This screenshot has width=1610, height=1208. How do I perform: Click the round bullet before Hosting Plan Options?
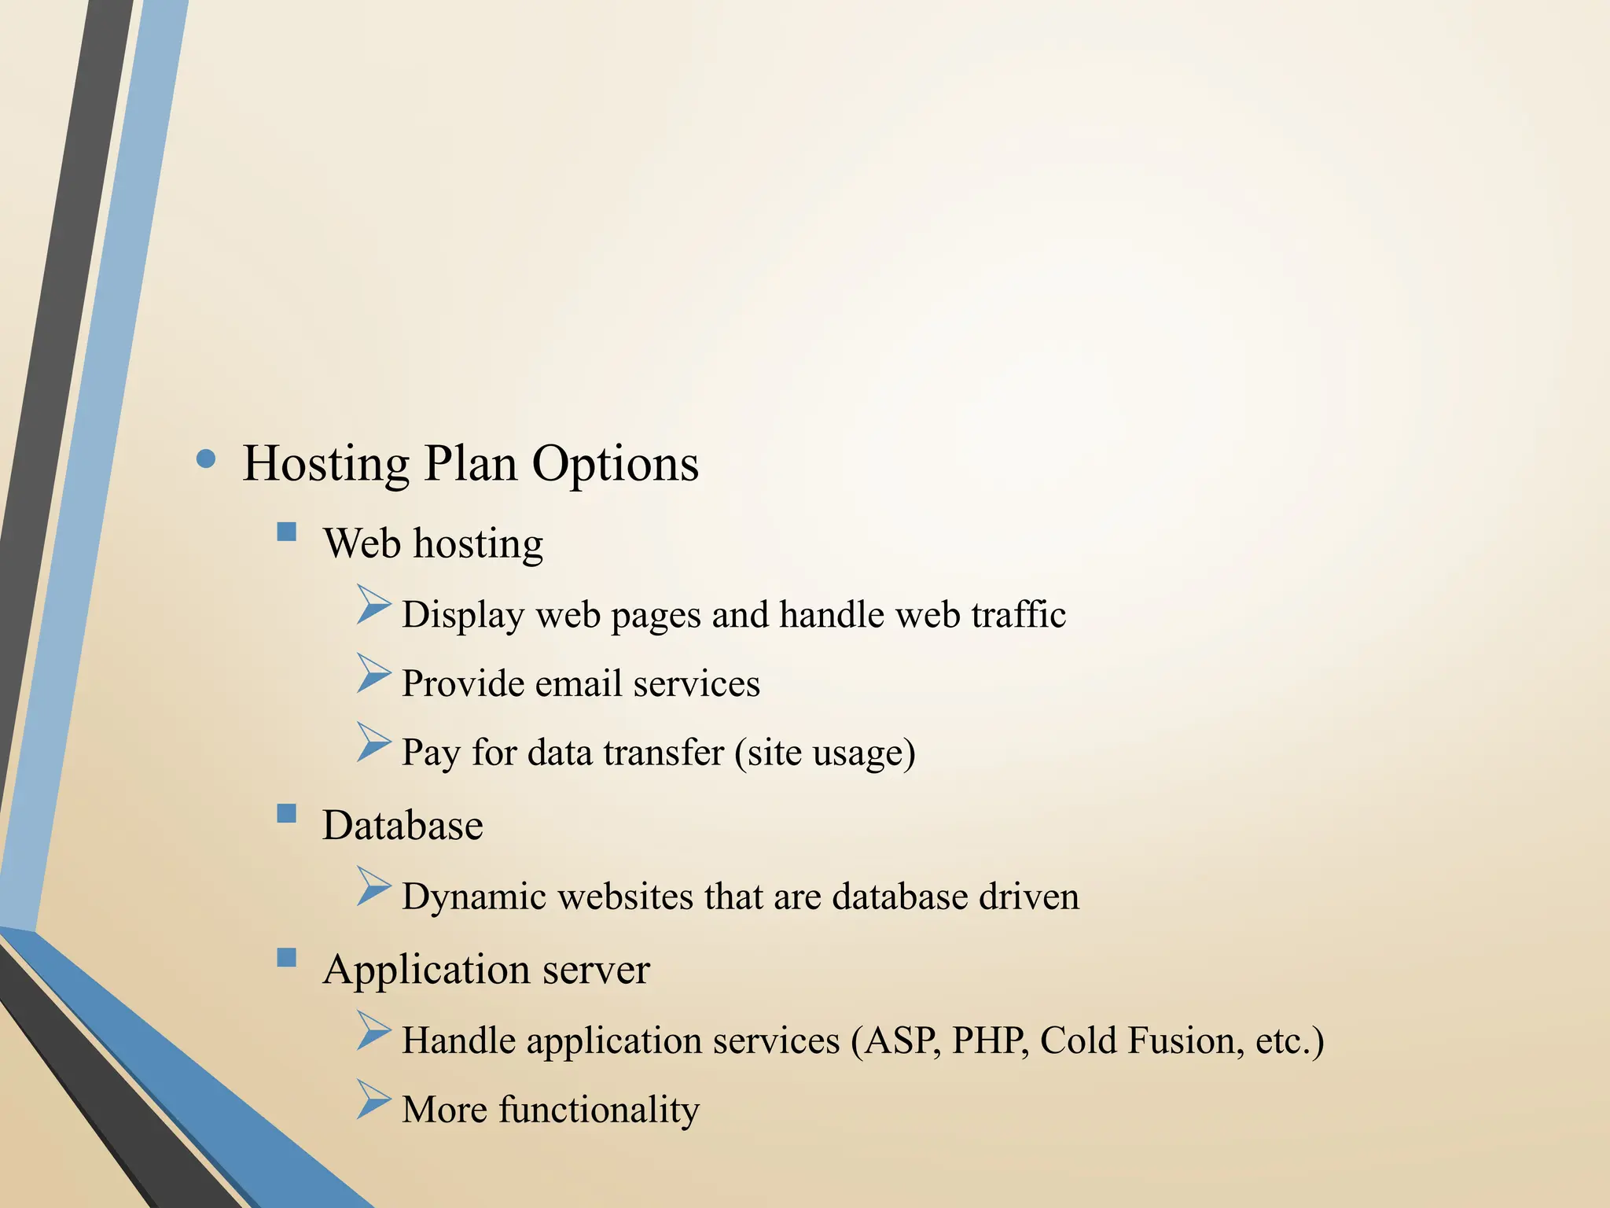pyautogui.click(x=206, y=459)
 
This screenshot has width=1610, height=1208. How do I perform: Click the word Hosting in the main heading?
pyautogui.click(x=326, y=463)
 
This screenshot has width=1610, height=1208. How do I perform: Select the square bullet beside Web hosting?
pyautogui.click(x=287, y=532)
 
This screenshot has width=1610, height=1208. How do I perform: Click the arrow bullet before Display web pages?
pyautogui.click(x=373, y=605)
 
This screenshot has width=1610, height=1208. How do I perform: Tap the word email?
pyautogui.click(x=579, y=683)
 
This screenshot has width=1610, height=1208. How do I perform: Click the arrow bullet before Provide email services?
pyautogui.click(x=373, y=674)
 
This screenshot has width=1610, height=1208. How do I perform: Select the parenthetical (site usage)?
pyautogui.click(x=825, y=753)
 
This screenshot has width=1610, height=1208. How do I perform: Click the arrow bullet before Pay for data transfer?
pyautogui.click(x=373, y=743)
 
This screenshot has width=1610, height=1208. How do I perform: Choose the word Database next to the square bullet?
pyautogui.click(x=402, y=825)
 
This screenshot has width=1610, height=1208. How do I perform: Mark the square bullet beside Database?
pyautogui.click(x=287, y=813)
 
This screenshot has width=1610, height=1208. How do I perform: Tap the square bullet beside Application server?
pyautogui.click(x=287, y=957)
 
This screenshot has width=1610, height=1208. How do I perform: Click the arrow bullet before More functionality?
pyautogui.click(x=373, y=1100)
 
